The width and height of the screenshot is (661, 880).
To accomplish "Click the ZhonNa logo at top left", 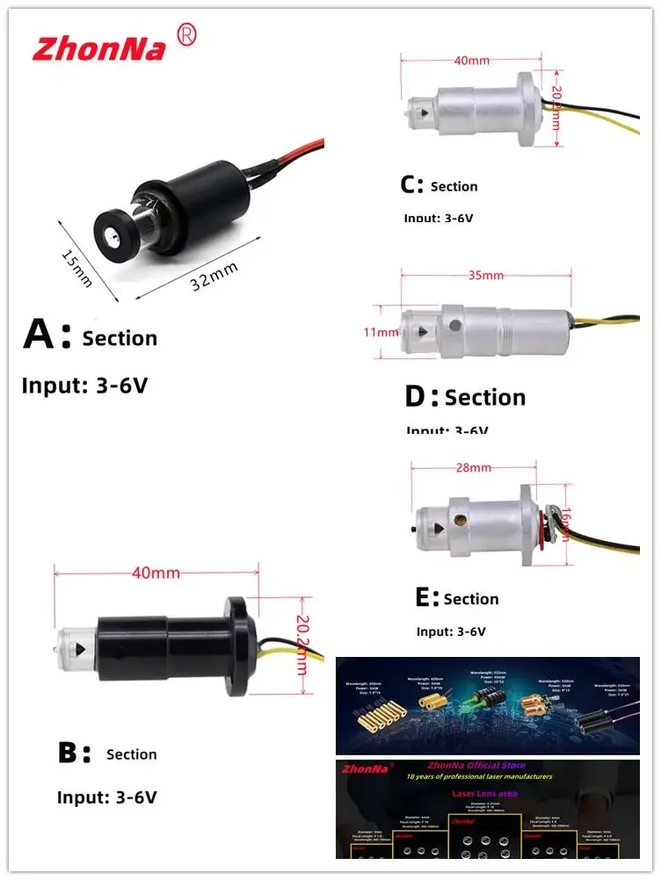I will click(x=98, y=47).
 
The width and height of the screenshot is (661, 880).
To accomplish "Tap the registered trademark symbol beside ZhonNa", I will click(x=186, y=34).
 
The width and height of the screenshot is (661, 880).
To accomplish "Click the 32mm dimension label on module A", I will click(x=214, y=280).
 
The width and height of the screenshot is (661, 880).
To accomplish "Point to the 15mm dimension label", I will click(x=77, y=266).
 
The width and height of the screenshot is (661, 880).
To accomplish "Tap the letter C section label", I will click(x=410, y=185).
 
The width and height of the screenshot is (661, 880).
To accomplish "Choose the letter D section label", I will click(x=418, y=397).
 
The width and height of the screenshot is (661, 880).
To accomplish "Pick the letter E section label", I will click(x=425, y=598).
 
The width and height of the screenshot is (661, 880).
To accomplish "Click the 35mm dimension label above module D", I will click(x=486, y=275).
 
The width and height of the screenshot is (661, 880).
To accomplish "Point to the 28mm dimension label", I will click(x=473, y=468).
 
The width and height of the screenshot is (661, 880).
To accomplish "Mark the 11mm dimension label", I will click(x=381, y=332).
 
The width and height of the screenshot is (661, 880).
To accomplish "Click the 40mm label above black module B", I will click(x=156, y=573).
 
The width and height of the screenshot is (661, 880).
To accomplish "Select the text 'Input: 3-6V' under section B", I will click(x=106, y=797).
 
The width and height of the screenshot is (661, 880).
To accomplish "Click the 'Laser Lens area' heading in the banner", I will click(x=485, y=792).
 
